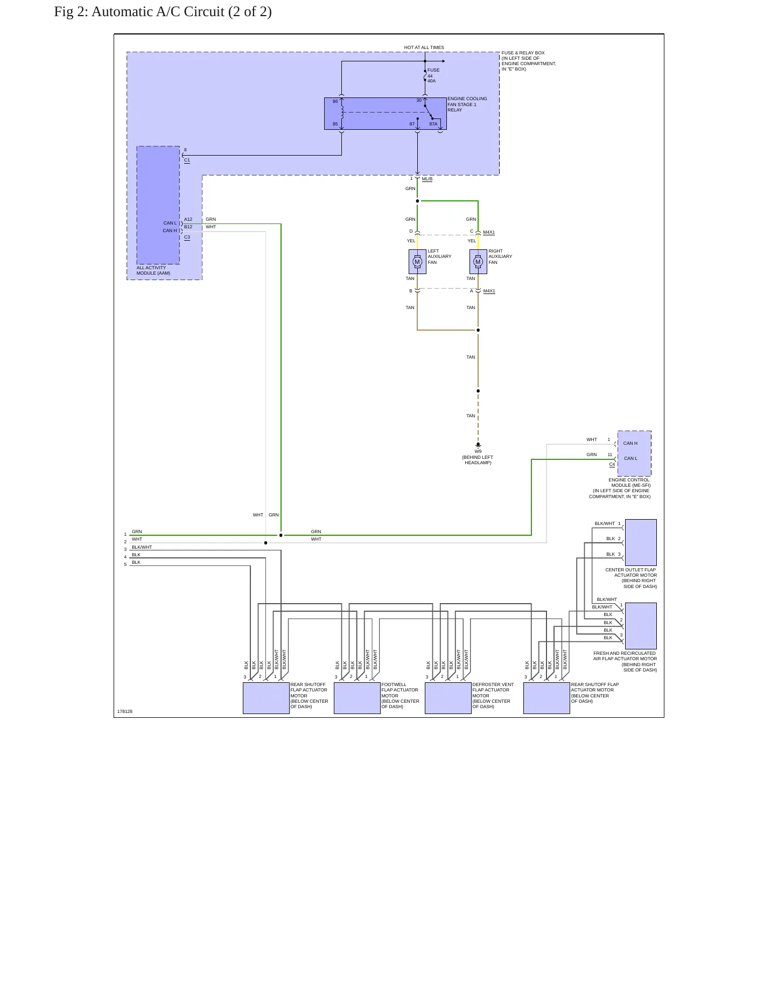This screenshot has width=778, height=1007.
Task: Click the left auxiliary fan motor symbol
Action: [x=417, y=262]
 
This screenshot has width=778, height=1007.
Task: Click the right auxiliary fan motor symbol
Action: [x=478, y=262]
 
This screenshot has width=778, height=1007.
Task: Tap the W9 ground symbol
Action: [x=478, y=445]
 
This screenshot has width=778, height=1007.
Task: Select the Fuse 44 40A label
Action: [x=433, y=75]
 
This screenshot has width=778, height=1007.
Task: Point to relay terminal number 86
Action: [x=335, y=101]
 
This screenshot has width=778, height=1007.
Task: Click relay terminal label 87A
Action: [x=433, y=124]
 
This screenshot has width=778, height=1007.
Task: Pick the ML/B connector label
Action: [x=427, y=179]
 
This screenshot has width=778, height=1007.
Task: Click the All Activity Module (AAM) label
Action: [x=153, y=270]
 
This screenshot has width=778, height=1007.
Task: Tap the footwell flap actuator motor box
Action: [x=357, y=698]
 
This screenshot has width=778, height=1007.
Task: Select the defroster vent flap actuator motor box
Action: [x=448, y=698]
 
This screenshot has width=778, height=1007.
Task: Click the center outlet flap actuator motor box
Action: [x=641, y=542]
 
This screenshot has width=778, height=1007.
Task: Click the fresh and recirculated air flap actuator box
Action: [x=641, y=626]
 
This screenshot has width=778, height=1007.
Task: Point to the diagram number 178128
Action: [x=125, y=711]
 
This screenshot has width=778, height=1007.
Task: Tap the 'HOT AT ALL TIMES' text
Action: [x=424, y=47]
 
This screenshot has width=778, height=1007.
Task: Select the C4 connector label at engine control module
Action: [x=612, y=464]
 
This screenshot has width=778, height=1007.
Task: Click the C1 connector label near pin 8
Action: [x=187, y=160]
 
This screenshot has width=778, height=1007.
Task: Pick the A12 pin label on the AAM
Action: [x=188, y=219]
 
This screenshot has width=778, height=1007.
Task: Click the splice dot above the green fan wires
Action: [x=417, y=201]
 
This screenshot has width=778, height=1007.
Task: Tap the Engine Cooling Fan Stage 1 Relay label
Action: [x=467, y=104]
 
